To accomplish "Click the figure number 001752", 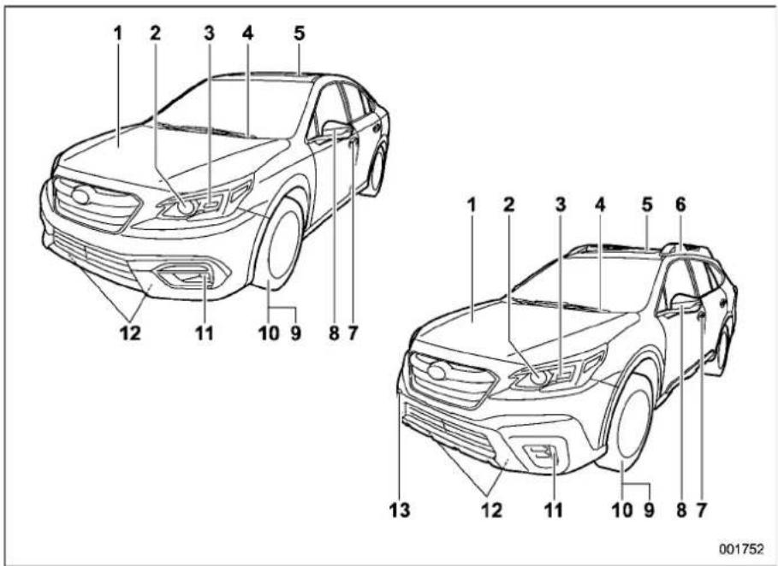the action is coord(742,549).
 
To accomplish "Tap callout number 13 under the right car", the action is coord(400,510).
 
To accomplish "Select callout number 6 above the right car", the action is coord(680,204).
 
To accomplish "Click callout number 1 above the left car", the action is coord(117,33).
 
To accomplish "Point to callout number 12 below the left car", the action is coord(130,333).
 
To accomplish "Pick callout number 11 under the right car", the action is coord(553,510).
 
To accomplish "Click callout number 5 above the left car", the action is coord(299,33).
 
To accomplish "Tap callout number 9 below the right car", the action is coord(649,510).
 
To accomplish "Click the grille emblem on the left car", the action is coord(80,196).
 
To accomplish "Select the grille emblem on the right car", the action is coord(437,372).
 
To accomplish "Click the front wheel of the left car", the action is coord(279,245).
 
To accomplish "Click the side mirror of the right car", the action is coord(685,303).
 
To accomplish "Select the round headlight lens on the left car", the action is coord(187,207).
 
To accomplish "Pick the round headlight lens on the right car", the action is coord(540,379).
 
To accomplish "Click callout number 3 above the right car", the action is coord(561,204).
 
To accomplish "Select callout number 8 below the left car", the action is coord(334,333).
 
